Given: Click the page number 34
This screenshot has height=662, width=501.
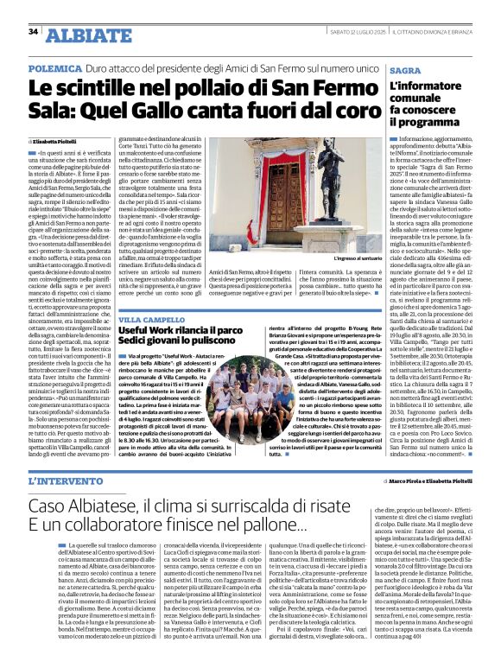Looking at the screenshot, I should pyautogui.click(x=34, y=32).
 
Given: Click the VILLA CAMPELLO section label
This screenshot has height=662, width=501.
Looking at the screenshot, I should pyautogui.click(x=150, y=317).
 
